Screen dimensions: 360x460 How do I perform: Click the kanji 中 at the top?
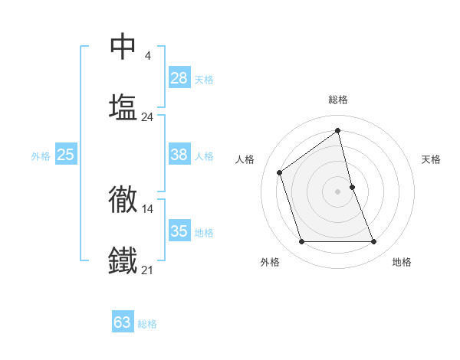pyautogui.click(x=123, y=47)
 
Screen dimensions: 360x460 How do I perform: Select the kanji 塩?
pyautogui.click(x=123, y=106)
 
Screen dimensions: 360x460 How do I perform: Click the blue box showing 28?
pyautogui.click(x=179, y=78)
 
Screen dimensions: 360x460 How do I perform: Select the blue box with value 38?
pyautogui.click(x=179, y=155)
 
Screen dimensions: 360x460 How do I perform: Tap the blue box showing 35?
pyautogui.click(x=179, y=231)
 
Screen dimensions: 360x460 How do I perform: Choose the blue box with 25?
pyautogui.click(x=65, y=155)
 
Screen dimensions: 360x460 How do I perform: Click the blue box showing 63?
pyautogui.click(x=123, y=322)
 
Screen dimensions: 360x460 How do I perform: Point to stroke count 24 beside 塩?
pyautogui.click(x=147, y=117)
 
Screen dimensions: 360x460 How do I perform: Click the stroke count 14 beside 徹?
pyautogui.click(x=147, y=208)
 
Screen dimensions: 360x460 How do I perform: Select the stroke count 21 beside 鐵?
pyautogui.click(x=147, y=270)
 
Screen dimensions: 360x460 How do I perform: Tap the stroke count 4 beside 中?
pyautogui.click(x=147, y=56)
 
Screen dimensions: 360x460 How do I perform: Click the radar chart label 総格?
pyautogui.click(x=338, y=100)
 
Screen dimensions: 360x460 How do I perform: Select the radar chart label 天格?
pyautogui.click(x=431, y=159)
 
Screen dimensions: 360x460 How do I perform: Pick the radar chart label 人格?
pyautogui.click(x=245, y=159)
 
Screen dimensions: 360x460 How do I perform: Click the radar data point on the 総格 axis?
pyautogui.click(x=338, y=130)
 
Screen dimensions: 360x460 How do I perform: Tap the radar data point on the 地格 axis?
pyautogui.click(x=374, y=242)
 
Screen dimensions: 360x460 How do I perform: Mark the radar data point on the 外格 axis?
pyautogui.click(x=301, y=242)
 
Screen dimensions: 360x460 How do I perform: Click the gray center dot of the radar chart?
pyautogui.click(x=338, y=191)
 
